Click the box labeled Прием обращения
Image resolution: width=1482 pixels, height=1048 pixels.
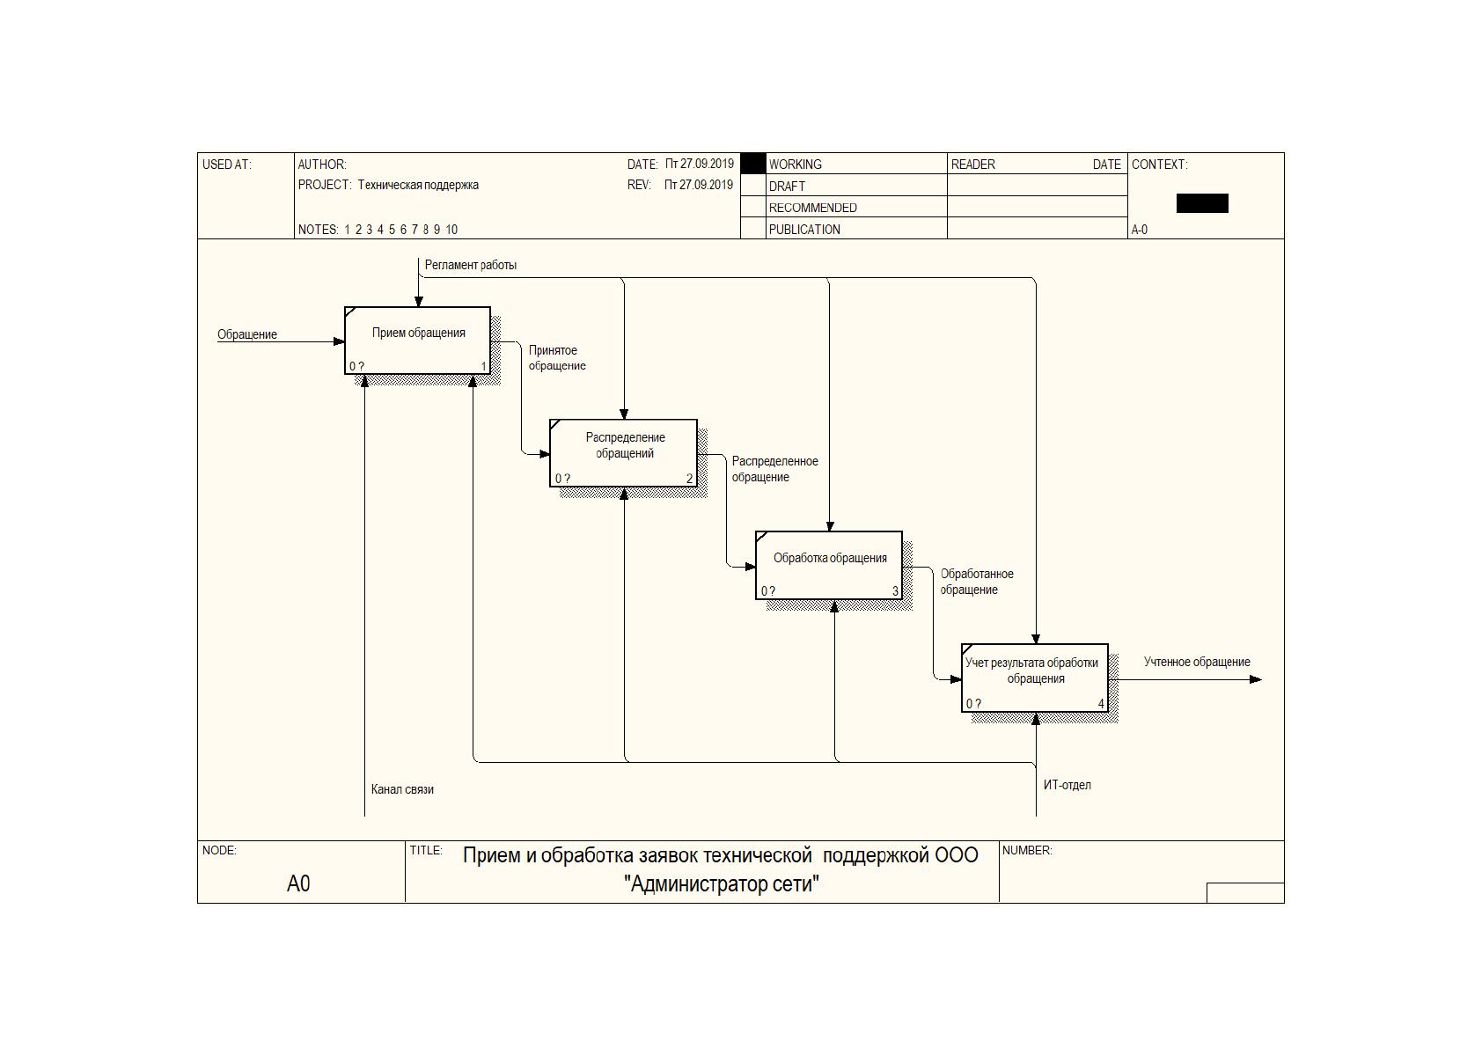(417, 340)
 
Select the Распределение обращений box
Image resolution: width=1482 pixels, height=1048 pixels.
(623, 453)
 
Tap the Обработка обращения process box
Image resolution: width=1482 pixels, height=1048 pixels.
(829, 565)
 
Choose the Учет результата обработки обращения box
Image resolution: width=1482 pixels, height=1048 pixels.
(1035, 678)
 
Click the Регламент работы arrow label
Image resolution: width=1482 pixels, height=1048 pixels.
(471, 265)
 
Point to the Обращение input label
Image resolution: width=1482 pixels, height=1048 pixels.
(247, 334)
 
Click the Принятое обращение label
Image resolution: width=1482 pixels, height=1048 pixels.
(557, 358)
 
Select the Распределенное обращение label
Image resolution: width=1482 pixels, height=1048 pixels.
(774, 469)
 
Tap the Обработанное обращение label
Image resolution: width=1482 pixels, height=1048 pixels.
(977, 582)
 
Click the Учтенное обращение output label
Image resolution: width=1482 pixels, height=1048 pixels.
(1197, 662)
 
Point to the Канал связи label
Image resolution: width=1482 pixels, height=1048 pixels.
(402, 788)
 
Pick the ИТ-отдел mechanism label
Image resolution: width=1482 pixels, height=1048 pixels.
(1067, 785)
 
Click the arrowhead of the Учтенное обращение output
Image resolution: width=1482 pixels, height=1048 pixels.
(1257, 679)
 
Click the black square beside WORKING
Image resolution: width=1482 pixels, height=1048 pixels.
(753, 164)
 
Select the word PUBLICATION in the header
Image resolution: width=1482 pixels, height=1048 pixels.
(804, 230)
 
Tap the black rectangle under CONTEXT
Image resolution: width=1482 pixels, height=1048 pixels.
(1202, 203)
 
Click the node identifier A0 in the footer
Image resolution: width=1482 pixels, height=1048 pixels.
(298, 883)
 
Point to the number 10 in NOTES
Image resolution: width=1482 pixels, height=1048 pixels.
(451, 230)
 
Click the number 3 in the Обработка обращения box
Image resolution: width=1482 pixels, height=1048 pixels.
(895, 590)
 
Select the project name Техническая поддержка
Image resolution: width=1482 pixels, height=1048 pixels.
(418, 185)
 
